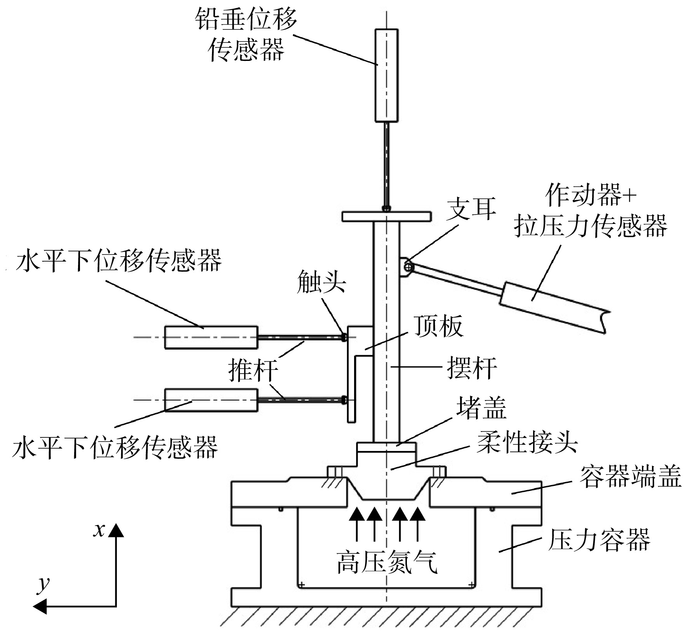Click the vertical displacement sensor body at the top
pos(386,76)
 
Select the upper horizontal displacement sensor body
pos(211,338)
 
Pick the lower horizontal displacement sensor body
pos(211,400)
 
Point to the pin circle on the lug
pos(408,267)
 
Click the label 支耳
pos(471,208)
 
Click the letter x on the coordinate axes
pos(99,530)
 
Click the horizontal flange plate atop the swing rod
pos(386,217)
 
